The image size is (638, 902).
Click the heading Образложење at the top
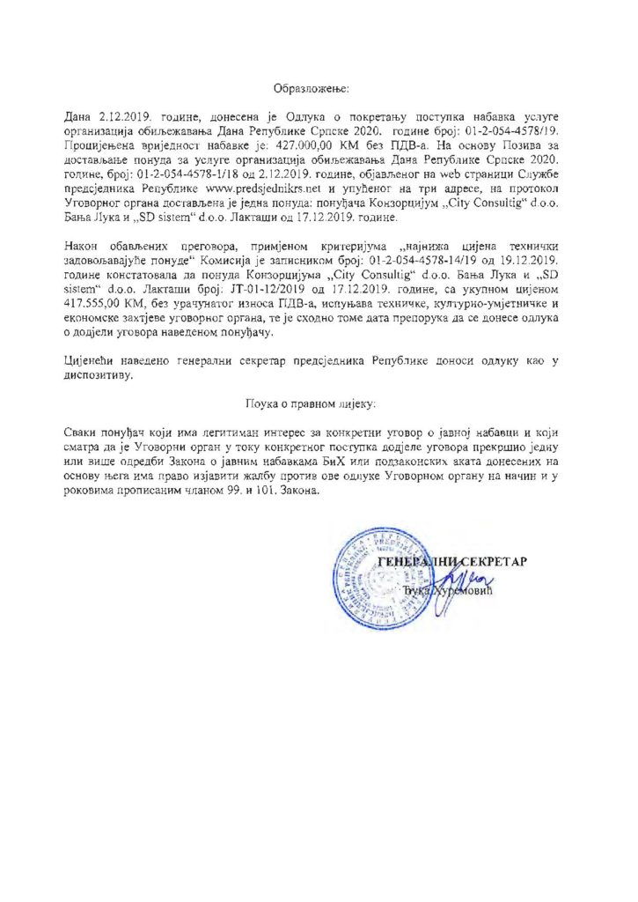tap(312, 89)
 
